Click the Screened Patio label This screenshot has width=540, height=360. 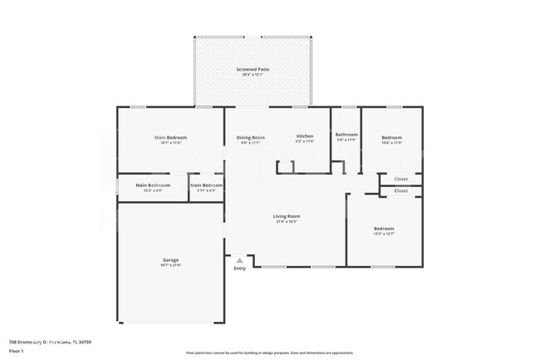point(253,70)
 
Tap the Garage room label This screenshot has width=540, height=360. point(170,260)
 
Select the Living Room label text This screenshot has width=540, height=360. point(287,216)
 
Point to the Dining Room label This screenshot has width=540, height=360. point(251,136)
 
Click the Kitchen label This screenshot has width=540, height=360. point(305,136)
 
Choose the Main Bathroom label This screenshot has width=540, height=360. point(153,185)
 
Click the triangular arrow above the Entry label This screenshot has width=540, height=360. point(239,260)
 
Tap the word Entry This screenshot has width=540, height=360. point(239,269)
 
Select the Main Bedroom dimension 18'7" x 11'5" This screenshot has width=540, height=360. point(170,143)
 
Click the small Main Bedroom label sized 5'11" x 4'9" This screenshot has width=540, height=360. point(206,190)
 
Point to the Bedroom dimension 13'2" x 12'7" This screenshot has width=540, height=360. point(383,234)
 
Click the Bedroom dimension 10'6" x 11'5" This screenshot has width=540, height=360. point(391,143)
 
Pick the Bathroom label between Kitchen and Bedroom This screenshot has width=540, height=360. point(346,135)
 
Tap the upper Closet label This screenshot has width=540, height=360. point(400,179)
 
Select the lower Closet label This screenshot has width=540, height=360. point(400,190)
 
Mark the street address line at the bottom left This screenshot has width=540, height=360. point(49,342)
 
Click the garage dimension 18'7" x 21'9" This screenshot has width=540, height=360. point(170,266)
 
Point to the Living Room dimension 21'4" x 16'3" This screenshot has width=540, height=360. point(287,222)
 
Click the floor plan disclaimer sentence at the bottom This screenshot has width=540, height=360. point(269,353)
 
